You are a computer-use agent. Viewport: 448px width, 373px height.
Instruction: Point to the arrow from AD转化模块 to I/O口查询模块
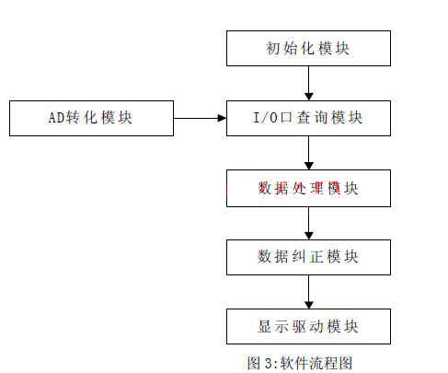coord(200,118)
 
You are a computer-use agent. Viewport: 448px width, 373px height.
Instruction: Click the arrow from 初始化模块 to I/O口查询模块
coord(309,83)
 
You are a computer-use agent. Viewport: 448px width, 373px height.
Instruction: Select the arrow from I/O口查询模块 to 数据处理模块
coord(309,153)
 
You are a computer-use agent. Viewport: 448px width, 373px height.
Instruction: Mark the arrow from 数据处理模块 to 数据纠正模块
coord(309,223)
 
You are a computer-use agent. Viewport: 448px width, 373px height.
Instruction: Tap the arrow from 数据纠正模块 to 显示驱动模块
coord(309,292)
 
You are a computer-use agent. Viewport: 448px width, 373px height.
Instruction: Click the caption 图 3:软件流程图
coord(300,363)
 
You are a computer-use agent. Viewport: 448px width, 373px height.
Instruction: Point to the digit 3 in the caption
coord(269,364)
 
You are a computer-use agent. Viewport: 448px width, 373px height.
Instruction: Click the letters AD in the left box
coord(56,118)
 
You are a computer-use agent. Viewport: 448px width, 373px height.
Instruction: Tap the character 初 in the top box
coord(272,48)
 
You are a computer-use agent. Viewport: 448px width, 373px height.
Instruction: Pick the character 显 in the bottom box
coord(264,326)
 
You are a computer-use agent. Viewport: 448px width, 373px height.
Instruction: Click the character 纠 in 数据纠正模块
coord(299,257)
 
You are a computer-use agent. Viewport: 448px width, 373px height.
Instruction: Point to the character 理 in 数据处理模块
coord(316,188)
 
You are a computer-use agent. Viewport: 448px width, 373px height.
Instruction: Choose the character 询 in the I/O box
coord(321,118)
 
